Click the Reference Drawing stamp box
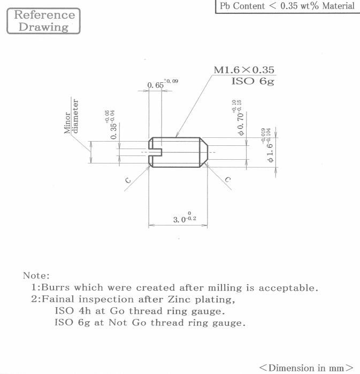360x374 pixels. click(43, 21)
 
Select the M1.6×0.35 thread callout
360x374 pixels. click(244, 70)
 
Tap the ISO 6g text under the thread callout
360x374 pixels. click(253, 81)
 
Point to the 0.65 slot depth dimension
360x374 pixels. click(163, 84)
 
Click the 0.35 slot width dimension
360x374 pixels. click(111, 124)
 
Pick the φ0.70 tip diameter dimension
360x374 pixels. click(238, 118)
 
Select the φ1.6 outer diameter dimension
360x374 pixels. click(266, 145)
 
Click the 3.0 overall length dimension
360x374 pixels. click(185, 217)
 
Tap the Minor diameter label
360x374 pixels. click(71, 116)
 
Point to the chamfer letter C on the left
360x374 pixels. click(128, 181)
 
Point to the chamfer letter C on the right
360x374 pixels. click(228, 180)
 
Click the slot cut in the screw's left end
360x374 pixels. click(155, 152)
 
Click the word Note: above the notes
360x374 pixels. click(36, 276)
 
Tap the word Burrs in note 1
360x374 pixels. click(56, 287)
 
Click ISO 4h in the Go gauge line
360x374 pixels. click(73, 311)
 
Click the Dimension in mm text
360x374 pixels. click(307, 368)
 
